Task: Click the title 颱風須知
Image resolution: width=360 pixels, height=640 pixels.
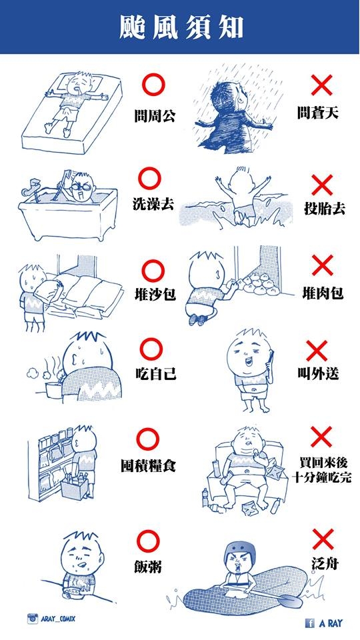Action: pos(181,28)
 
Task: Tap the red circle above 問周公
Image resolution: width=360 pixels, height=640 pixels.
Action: pos(153,85)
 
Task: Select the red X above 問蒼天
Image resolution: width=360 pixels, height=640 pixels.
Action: pos(321,85)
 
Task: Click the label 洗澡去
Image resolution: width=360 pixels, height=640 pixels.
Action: pos(153,203)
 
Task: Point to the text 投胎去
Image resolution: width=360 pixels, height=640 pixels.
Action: pos(325,209)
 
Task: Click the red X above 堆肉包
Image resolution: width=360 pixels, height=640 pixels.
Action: pos(323,265)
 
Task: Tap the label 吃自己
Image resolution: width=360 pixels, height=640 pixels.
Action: pos(155,373)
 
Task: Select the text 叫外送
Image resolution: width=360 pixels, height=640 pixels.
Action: pos(318,373)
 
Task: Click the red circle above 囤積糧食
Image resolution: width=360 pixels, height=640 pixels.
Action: pos(148,439)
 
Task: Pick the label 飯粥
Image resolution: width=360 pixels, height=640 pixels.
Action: pos(148,567)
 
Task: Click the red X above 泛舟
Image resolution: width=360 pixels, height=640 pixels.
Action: pos(323,539)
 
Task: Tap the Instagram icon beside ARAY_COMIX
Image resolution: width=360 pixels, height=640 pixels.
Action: pos(33,619)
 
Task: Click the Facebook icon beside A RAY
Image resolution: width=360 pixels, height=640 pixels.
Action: pos(310,623)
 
